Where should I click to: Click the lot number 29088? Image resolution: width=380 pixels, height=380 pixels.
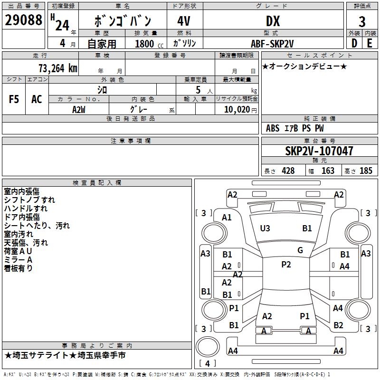tap(23, 20)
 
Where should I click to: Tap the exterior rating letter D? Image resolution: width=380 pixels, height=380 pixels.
tap(354, 43)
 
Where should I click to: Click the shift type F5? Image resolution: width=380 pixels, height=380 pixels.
tap(14, 99)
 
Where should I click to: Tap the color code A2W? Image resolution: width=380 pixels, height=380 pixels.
tap(79, 109)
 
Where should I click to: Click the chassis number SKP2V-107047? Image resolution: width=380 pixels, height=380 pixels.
tap(319, 151)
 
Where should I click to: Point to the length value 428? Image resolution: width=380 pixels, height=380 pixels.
tap(288, 171)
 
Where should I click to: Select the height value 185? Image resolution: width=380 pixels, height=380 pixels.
tap(366, 171)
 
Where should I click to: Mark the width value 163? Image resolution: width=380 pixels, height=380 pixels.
tap(328, 171)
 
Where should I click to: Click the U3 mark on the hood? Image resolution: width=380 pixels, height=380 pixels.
tap(265, 228)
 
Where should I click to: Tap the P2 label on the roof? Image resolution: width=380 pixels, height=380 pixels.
tap(286, 265)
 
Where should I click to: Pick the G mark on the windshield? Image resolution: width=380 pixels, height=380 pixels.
tap(300, 250)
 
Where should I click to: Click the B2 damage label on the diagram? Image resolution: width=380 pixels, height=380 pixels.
tap(338, 325)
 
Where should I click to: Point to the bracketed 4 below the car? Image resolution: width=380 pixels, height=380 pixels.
tap(207, 364)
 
